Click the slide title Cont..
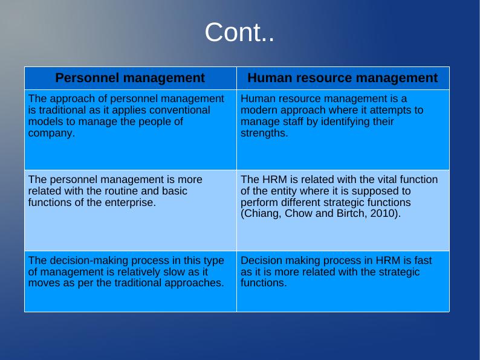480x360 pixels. (239, 32)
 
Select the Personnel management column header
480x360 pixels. (130, 78)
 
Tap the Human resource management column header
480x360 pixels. (343, 78)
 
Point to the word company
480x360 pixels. (51, 133)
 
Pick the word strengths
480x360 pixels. (264, 133)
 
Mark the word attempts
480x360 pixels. (395, 111)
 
